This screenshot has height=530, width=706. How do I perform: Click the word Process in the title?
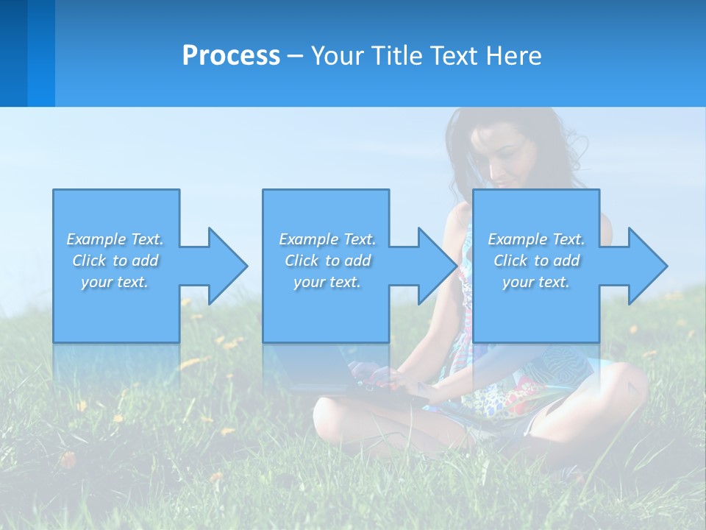[231, 56]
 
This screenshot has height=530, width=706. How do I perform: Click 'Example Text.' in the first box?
[115, 239]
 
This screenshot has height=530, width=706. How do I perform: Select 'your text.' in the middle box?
[327, 282]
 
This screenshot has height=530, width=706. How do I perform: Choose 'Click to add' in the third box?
[537, 261]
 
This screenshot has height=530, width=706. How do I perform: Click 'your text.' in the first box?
[115, 282]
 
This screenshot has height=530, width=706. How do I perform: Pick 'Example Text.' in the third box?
[536, 239]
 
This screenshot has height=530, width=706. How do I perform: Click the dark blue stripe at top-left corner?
[13, 52]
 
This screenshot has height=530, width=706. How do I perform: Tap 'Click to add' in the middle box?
[327, 261]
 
